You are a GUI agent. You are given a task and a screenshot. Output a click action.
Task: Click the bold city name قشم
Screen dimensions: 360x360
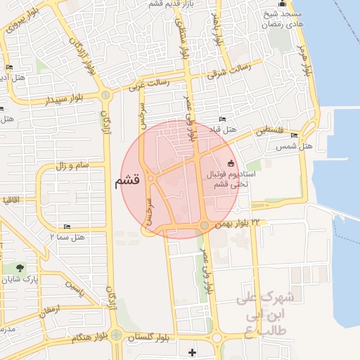point(127,181)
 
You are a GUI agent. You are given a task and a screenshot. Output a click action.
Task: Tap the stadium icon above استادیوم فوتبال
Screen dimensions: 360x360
point(230,163)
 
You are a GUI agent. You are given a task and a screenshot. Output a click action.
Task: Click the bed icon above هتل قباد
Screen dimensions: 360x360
point(223,120)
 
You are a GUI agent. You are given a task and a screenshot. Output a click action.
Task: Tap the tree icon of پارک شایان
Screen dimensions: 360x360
point(19,267)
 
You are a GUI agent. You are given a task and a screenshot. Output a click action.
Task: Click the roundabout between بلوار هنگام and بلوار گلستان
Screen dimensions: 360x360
point(116,336)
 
